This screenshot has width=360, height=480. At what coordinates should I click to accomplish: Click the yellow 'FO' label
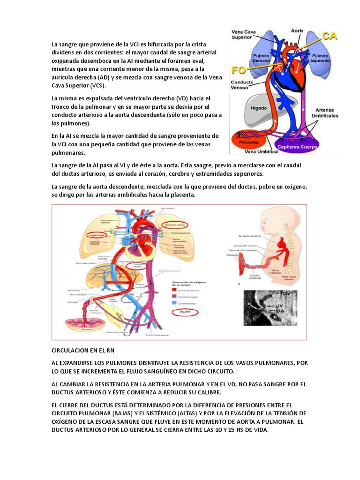coord(239,70)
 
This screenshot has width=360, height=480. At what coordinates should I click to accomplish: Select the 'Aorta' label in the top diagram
coord(297,30)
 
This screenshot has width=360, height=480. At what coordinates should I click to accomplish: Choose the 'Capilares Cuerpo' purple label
coord(303,146)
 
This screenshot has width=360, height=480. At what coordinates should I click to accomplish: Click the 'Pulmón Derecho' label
coord(261,58)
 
